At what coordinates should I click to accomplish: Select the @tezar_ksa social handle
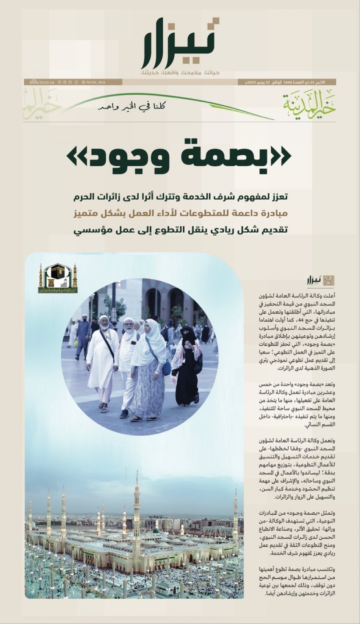(x=93, y=82)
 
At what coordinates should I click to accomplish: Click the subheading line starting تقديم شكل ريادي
(x=182, y=230)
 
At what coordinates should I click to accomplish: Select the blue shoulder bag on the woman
(x=166, y=367)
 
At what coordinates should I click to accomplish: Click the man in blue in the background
(x=83, y=337)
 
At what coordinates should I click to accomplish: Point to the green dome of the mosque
(x=156, y=529)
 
